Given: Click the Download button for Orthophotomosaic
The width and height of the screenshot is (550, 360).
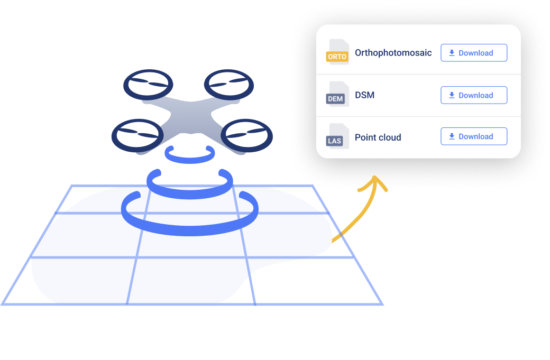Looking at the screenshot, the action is (474, 53).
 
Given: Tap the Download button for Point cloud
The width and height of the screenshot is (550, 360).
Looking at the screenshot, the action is (474, 136).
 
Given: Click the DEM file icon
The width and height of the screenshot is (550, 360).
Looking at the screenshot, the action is (337, 95).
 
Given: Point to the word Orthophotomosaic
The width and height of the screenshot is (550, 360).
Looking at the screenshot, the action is (393, 53).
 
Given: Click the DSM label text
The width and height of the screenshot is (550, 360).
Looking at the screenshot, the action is (364, 95).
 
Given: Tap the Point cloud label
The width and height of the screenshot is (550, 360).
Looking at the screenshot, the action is (378, 137).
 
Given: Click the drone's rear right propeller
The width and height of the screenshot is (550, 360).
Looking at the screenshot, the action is (229, 84).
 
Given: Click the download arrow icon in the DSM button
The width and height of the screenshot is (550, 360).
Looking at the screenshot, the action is (452, 95).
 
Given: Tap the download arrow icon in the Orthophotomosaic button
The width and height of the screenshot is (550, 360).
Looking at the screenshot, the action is (452, 53).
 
